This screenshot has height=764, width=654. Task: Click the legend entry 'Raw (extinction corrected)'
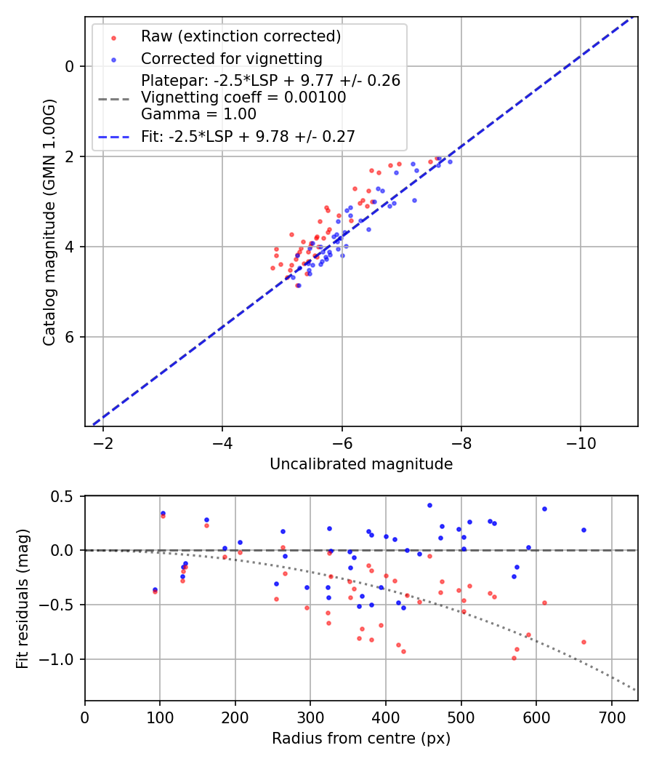pos(241,36)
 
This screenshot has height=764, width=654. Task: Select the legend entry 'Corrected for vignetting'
pos(232,58)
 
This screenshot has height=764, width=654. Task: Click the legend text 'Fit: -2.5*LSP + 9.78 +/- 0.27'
pos(248,136)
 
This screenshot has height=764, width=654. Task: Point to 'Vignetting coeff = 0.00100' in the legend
pos(243,98)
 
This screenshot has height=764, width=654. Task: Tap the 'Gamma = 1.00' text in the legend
pos(198,114)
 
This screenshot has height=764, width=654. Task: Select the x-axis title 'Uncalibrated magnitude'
pos(361,464)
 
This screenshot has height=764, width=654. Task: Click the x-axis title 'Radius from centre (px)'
pos(361,739)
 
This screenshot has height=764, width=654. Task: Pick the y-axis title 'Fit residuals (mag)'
pos(22,597)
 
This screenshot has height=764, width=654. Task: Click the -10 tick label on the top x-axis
pos(580,443)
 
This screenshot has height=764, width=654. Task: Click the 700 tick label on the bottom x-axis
pos(611,717)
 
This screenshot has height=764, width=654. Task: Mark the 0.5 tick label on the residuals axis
pos(64,496)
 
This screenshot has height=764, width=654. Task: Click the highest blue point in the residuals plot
pos(429,505)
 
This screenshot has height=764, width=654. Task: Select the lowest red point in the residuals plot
pos(514,658)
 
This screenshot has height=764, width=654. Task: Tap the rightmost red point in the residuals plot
pos(584,642)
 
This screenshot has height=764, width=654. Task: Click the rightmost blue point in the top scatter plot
pos(450,162)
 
